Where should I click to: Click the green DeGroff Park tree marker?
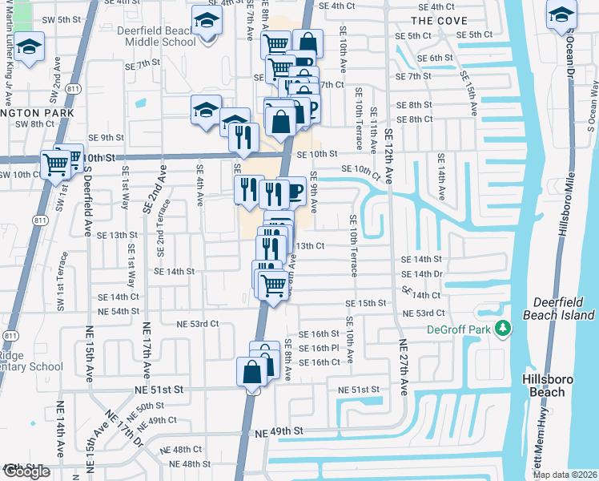502,328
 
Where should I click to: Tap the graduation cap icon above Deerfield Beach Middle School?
207,20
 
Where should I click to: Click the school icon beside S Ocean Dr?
561,14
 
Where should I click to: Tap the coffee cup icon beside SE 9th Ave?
292,191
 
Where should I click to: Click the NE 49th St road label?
279,431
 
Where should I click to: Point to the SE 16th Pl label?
319,348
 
